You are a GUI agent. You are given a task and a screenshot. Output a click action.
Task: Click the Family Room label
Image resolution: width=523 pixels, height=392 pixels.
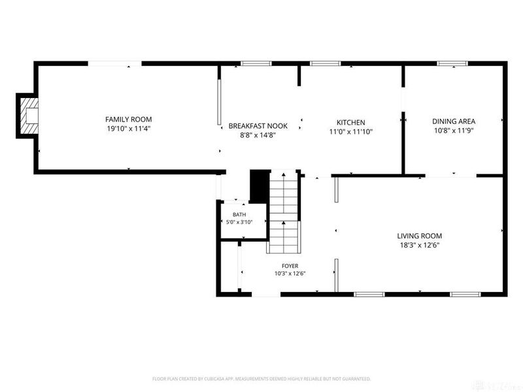[x=128, y=120]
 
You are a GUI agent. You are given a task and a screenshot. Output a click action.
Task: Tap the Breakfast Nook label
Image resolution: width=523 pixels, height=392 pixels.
[x=258, y=126]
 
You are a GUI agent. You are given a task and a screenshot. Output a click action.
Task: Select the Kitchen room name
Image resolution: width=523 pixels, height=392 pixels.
[x=350, y=122]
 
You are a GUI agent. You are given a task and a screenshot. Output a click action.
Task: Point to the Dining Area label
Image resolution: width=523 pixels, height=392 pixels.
[x=454, y=122]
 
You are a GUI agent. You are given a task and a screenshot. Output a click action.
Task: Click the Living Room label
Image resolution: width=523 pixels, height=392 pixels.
[x=419, y=236]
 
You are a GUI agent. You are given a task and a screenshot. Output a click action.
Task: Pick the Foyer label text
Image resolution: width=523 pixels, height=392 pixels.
[x=290, y=266]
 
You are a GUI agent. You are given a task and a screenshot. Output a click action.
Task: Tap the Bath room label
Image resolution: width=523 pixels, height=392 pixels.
[x=239, y=215]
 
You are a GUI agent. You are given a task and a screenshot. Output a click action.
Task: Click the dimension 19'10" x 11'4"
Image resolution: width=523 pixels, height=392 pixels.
[x=129, y=129]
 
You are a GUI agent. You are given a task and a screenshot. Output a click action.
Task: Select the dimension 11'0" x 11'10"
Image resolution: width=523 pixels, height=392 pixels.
[x=350, y=132]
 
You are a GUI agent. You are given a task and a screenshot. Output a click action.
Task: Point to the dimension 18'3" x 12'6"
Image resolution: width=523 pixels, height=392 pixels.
[x=420, y=246]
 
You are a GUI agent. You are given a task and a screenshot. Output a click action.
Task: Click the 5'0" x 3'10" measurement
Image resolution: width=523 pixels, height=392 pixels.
[x=239, y=222]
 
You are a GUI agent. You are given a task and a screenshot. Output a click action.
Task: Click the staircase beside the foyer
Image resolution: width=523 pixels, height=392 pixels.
[x=284, y=212]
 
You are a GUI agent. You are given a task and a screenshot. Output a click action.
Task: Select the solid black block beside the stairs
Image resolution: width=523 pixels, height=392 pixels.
[x=260, y=186]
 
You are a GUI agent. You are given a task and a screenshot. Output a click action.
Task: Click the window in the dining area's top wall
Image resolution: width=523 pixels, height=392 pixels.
[x=452, y=63]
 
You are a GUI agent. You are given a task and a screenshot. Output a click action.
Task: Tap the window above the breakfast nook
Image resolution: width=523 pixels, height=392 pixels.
[x=256, y=63]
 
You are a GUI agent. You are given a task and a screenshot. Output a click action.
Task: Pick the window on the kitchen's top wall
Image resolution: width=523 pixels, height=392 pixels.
[x=325, y=63]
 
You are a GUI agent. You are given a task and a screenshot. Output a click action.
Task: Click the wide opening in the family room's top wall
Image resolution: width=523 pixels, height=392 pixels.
[x=115, y=63]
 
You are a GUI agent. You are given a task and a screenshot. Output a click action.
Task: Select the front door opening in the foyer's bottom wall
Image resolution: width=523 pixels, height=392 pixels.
[x=266, y=295]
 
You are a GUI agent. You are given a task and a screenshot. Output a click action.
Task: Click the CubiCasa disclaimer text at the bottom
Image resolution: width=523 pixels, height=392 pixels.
[x=261, y=379]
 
